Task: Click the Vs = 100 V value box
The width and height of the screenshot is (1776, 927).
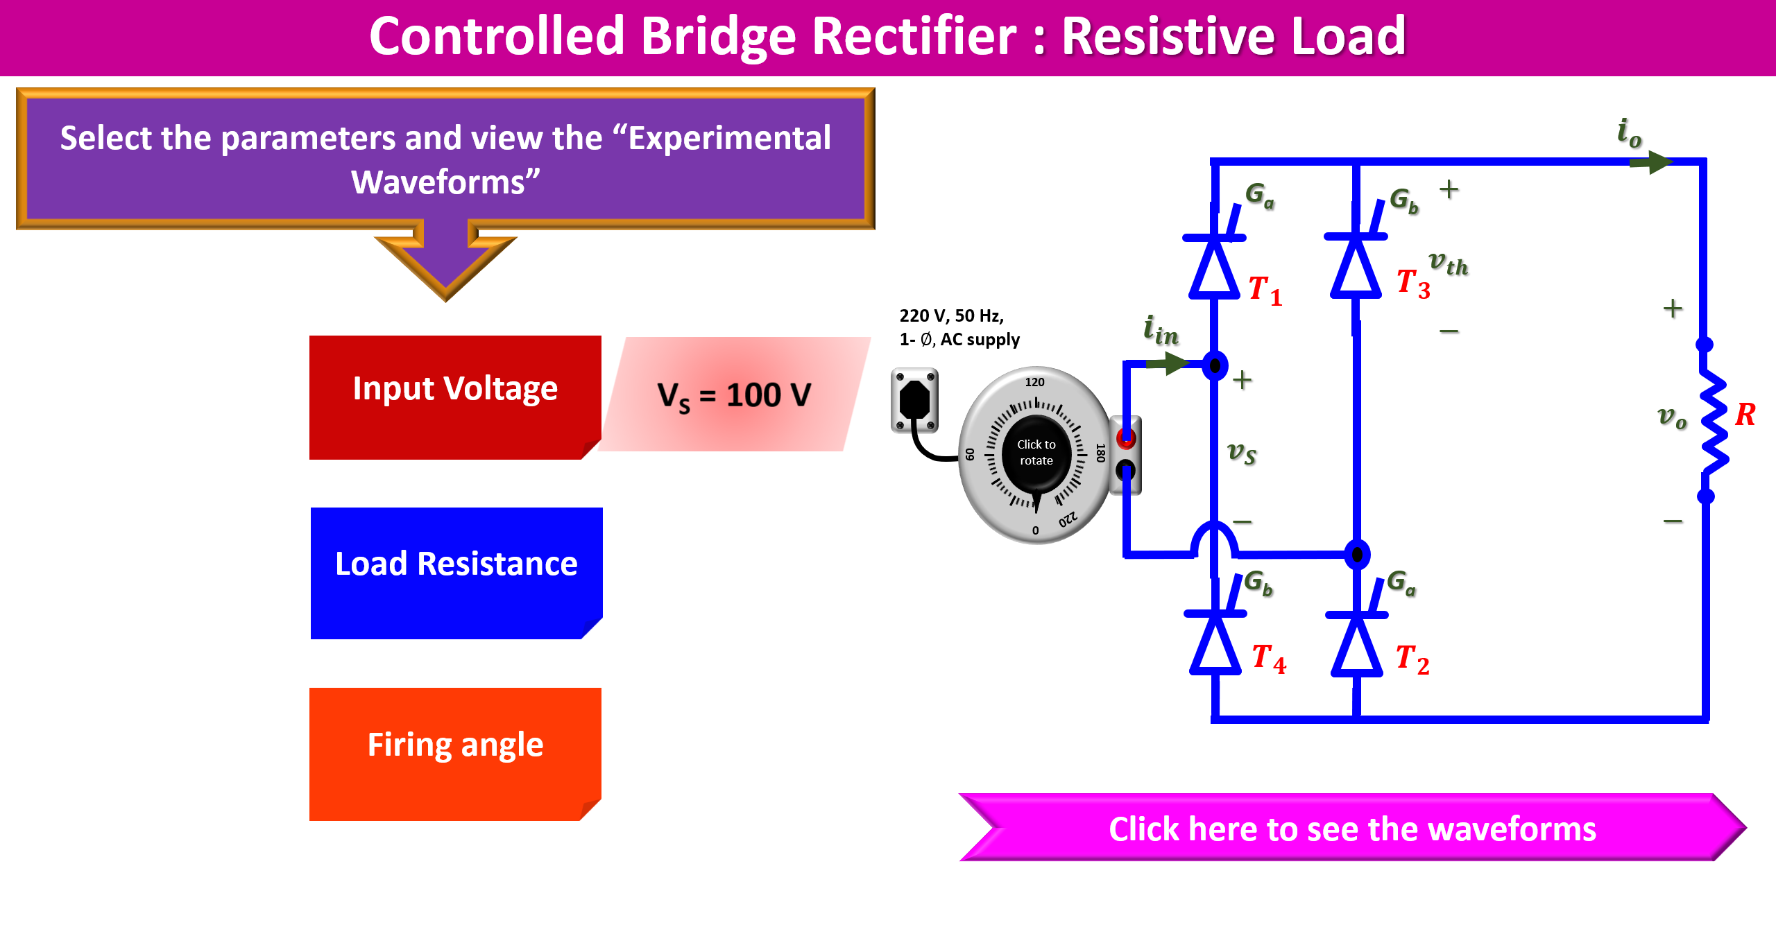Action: click(x=734, y=395)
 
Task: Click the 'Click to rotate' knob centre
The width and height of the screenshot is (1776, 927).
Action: click(x=1036, y=453)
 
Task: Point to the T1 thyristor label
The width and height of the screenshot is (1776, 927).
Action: click(x=1265, y=290)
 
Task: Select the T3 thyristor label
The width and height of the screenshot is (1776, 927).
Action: click(x=1412, y=284)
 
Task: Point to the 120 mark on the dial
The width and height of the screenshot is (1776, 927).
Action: click(x=1034, y=382)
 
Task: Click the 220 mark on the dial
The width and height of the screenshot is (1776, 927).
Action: click(x=1068, y=519)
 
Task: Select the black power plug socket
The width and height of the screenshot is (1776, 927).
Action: click(x=914, y=400)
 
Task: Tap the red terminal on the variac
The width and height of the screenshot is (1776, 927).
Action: click(x=1125, y=437)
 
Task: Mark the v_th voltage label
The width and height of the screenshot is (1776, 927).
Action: click(x=1448, y=263)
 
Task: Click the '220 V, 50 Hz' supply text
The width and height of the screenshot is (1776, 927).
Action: click(x=951, y=316)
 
